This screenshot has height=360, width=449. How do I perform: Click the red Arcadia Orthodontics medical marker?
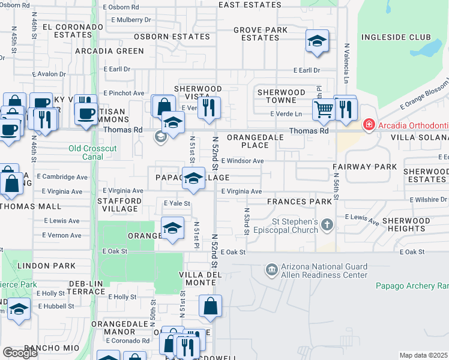click(369, 125)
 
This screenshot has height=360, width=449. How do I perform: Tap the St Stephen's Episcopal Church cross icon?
click(327, 224)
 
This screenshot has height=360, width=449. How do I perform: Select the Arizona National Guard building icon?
click(271, 270)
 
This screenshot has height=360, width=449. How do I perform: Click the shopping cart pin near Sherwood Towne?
click(324, 109)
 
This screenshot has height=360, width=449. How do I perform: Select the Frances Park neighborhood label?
click(300, 202)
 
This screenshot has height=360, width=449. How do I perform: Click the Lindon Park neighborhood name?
click(46, 265)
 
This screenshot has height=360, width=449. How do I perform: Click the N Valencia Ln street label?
click(346, 63)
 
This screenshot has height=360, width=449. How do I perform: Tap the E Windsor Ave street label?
click(243, 161)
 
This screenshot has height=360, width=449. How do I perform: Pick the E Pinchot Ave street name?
click(124, 93)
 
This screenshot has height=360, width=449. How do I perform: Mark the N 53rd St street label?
click(246, 222)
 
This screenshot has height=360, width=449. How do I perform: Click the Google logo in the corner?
click(20, 353)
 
